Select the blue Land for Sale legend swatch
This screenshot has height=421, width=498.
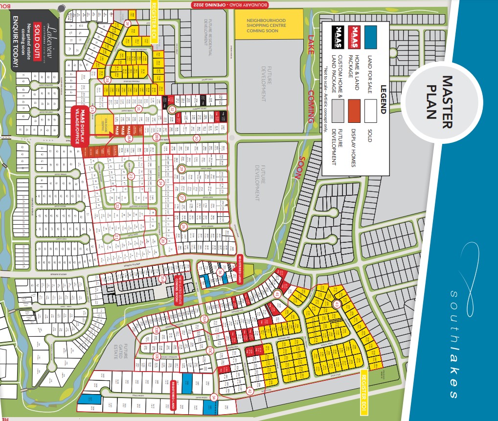(373, 37)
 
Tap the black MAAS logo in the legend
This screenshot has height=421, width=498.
(337, 37)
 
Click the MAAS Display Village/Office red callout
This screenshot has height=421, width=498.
(79, 126)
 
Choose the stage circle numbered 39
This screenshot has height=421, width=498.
(128, 23)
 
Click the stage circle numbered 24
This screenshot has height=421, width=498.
(160, 184)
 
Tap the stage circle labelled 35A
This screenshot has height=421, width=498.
(163, 278)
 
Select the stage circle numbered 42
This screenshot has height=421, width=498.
(249, 391)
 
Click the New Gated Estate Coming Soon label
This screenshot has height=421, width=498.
(178, 289)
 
